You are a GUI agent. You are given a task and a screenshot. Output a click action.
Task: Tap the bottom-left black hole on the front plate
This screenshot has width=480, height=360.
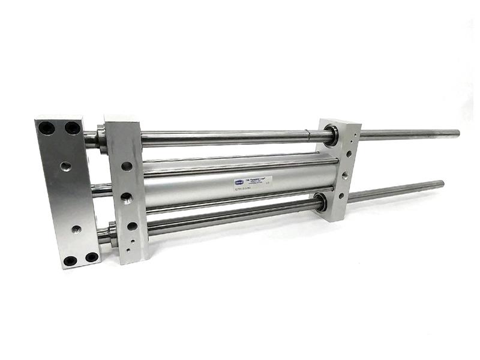[70, 260]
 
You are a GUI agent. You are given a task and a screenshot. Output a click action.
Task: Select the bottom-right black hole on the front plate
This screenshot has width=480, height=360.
[92, 257]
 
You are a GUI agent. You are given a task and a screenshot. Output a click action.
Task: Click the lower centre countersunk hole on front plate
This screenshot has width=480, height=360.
[76, 229]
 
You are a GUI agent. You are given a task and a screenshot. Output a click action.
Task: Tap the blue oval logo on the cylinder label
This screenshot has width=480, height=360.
[239, 178]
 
